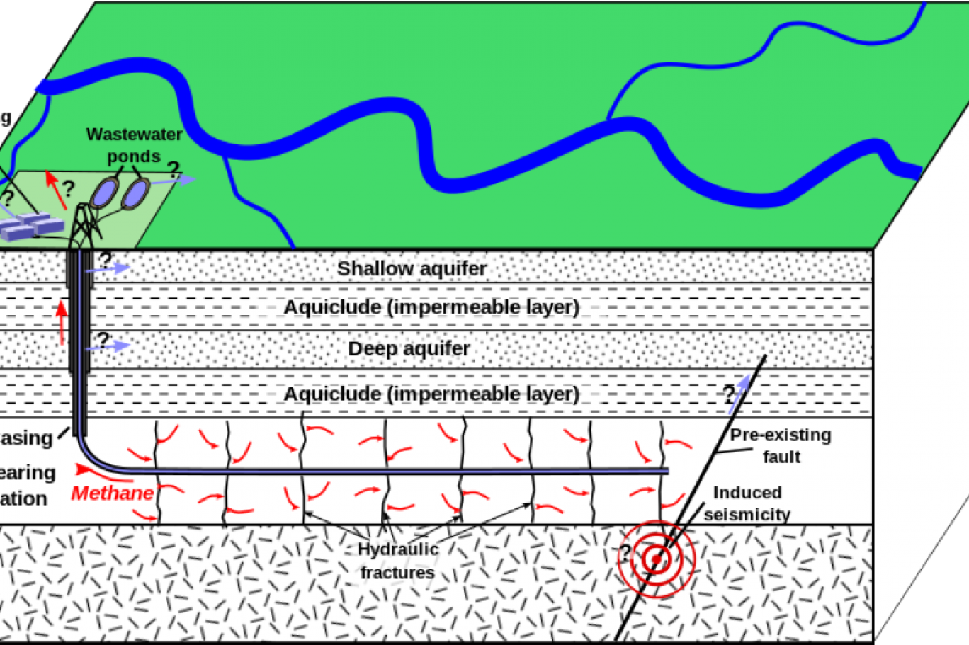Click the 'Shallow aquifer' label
[412, 269]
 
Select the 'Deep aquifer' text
[409, 349]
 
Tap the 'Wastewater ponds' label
[134, 144]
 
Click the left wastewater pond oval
[104, 193]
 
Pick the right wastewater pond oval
[135, 193]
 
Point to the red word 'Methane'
[112, 493]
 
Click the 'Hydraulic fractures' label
[397, 560]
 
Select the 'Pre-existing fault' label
[781, 445]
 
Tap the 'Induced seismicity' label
[747, 503]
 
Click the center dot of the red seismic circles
[657, 560]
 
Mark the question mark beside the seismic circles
[625, 552]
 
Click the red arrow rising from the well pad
[54, 188]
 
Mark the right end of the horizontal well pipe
[666, 471]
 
